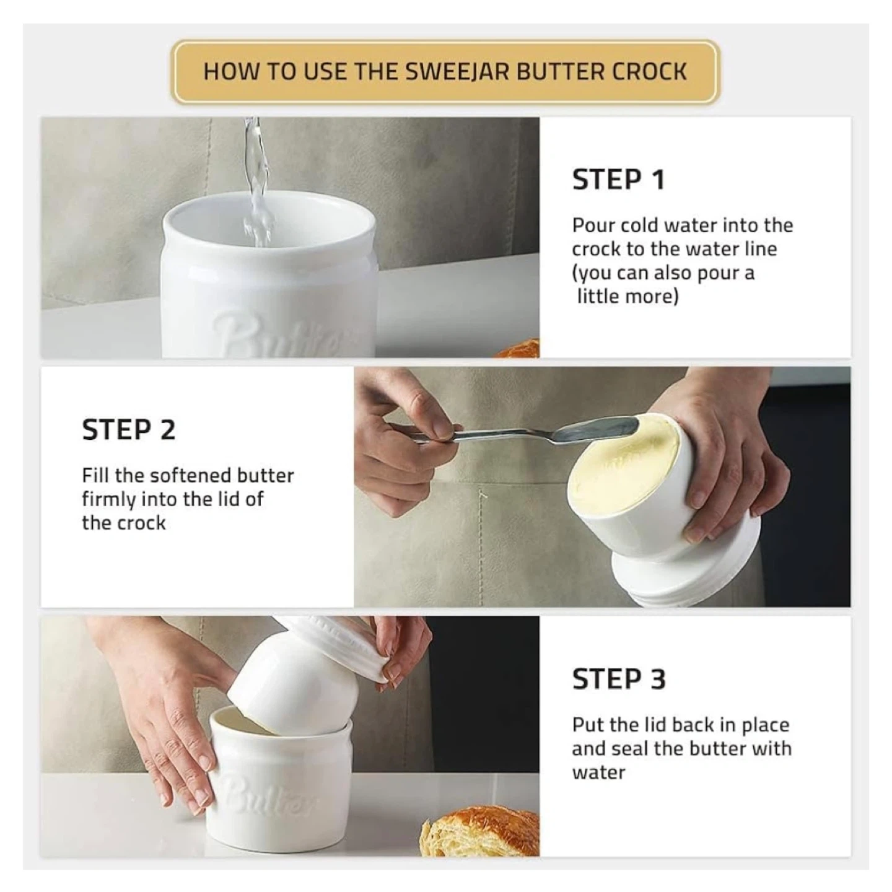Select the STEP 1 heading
618,180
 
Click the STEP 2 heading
129,429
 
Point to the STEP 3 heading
619,679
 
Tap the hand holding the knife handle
408,440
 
